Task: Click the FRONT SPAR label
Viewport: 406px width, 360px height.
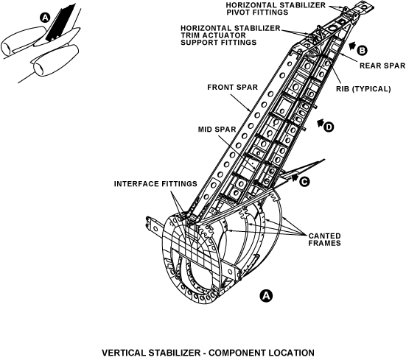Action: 233,88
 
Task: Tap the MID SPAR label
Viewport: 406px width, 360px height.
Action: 217,130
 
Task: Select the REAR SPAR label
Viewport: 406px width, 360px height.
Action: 382,66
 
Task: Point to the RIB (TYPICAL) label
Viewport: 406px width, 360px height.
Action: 363,89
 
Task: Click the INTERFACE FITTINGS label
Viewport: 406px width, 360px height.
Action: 155,184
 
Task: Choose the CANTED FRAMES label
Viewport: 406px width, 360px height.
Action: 324,239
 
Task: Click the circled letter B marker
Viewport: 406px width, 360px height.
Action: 362,50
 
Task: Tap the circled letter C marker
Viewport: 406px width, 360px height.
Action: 304,182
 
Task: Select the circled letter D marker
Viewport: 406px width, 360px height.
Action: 329,127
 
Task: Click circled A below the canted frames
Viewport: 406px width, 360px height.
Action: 266,295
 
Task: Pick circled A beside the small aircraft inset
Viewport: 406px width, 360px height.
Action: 45,18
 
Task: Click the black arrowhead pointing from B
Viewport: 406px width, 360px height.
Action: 352,46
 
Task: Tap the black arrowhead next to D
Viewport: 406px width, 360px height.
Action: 321,123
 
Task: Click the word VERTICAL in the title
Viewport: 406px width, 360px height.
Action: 124,353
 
